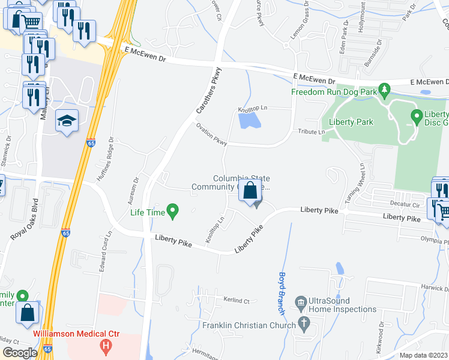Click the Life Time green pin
click(173, 211)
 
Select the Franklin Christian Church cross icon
click(304, 325)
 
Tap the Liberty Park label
click(351, 122)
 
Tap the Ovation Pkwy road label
click(211, 134)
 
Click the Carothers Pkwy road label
click(208, 91)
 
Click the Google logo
click(20, 353)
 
